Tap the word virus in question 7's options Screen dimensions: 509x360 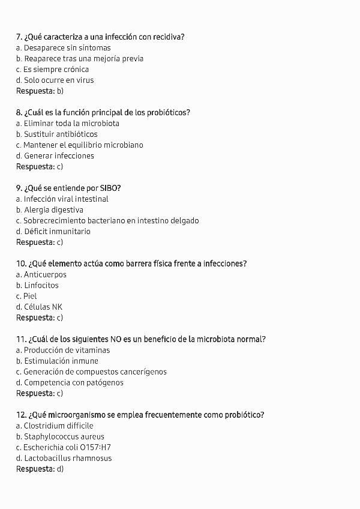tap(84, 80)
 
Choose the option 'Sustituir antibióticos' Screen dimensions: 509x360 tap(57, 134)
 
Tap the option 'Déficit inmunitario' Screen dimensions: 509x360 tap(53, 232)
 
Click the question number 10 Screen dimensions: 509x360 tap(21, 264)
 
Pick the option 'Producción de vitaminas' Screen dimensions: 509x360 tap(65, 351)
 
